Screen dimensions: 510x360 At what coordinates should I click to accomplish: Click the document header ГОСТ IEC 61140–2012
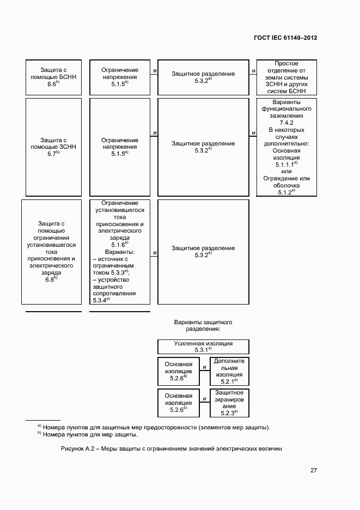point(285,38)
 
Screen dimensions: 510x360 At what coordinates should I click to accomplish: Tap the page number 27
point(314,470)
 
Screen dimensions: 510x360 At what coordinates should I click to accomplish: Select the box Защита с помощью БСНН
point(53,77)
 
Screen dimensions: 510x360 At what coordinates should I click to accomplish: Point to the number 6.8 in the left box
point(50,279)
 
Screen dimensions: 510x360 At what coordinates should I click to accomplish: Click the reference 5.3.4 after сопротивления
point(100,300)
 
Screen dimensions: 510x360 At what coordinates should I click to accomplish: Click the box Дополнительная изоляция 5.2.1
point(229,371)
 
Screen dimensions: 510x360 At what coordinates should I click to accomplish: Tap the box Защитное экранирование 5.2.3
point(229,403)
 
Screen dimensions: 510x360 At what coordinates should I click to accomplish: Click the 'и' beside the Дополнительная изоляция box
point(203,367)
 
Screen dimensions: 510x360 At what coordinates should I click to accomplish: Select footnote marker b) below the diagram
point(39,434)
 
